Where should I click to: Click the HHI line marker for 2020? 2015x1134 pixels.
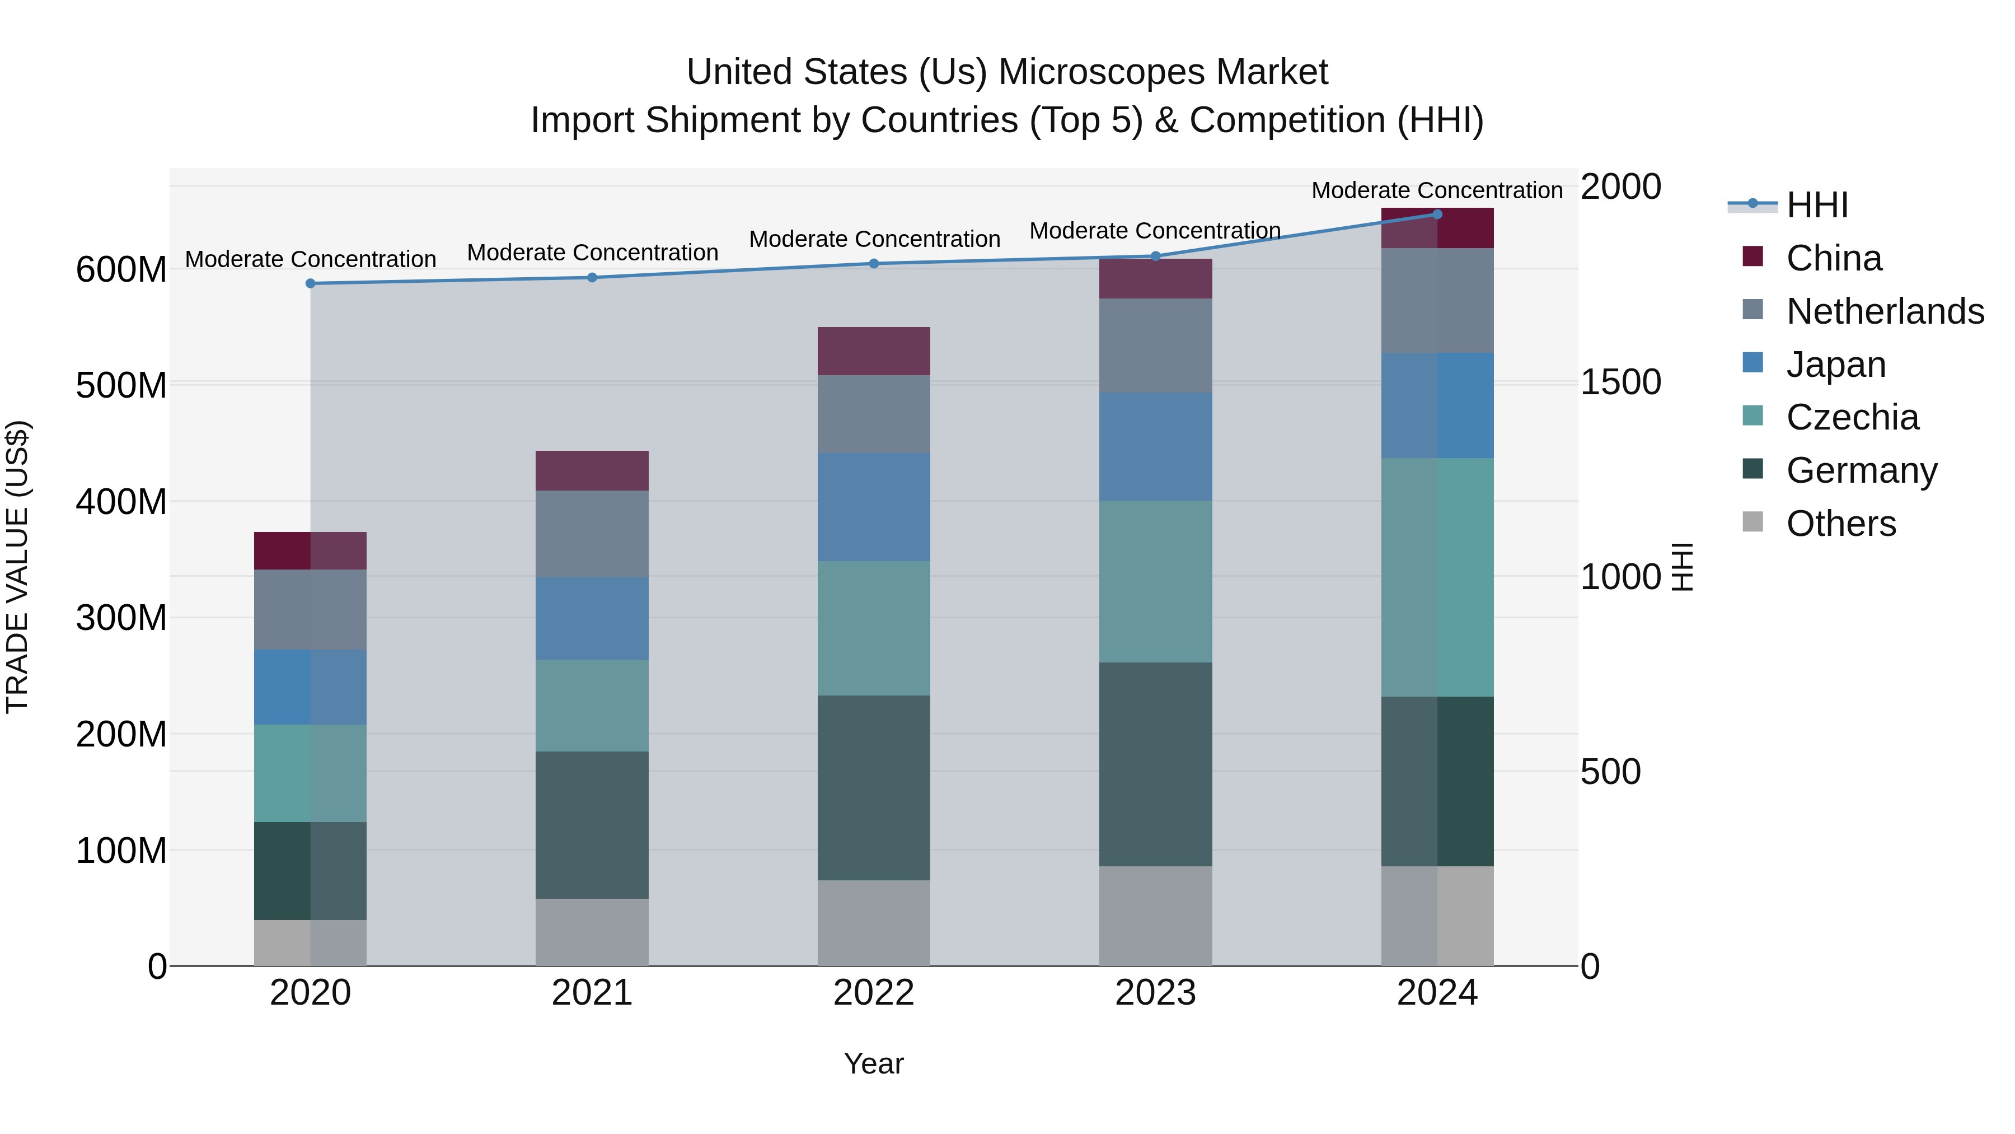311,283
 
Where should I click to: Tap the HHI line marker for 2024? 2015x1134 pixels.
1437,214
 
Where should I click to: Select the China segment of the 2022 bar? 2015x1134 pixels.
874,351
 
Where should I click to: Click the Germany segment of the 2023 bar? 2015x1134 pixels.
1155,764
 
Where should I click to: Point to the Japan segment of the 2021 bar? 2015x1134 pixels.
592,618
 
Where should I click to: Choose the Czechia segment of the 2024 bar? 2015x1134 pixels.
1437,577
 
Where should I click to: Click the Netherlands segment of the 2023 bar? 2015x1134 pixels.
1155,345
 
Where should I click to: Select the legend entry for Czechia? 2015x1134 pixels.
1852,417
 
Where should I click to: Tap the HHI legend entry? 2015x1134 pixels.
1817,205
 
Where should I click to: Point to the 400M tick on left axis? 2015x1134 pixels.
121,502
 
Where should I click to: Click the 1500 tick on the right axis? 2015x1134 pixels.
1620,382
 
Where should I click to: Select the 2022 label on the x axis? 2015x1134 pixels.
874,993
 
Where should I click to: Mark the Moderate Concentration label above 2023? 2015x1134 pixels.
1155,231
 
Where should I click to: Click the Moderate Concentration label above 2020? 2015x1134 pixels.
311,259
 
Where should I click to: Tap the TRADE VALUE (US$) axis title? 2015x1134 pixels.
17,567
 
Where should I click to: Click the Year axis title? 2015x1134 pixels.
874,1063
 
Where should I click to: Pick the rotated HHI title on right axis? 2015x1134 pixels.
1682,567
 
